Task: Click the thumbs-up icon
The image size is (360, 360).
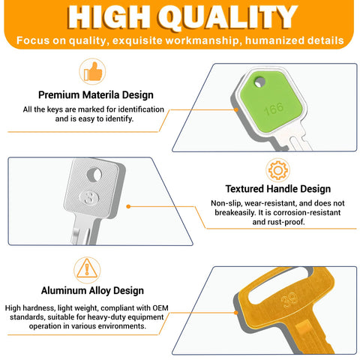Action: click(93, 71)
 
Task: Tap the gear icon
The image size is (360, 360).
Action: click(278, 170)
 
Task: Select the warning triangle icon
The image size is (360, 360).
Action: click(87, 268)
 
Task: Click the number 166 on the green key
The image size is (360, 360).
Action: click(274, 109)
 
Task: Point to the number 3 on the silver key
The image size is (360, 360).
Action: click(88, 198)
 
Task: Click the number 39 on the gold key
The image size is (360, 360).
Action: click(289, 300)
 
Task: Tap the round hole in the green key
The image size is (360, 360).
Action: click(259, 82)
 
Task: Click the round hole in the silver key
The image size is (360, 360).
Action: click(94, 175)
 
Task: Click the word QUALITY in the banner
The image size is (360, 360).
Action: click(227, 17)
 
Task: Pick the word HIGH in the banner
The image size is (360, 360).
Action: click(109, 17)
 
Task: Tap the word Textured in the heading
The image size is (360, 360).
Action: click(245, 189)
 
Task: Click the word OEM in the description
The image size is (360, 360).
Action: click(160, 307)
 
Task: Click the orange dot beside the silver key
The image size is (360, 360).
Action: click(128, 206)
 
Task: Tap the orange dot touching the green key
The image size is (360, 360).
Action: click(236, 109)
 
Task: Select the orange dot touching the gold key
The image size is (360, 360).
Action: click(236, 313)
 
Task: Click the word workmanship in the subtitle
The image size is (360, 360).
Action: click(203, 40)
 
